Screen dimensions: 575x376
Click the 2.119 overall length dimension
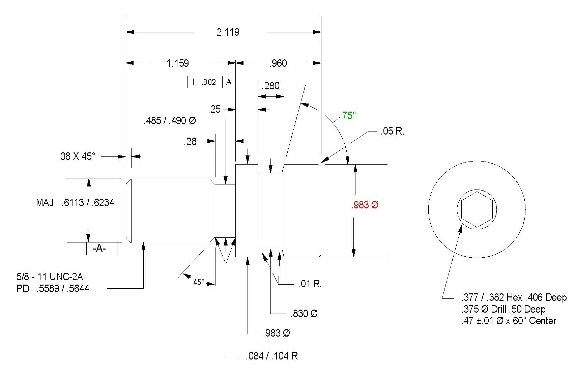(228, 32)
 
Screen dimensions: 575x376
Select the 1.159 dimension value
(178, 63)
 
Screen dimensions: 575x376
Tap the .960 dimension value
(278, 63)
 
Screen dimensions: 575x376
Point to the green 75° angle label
(349, 115)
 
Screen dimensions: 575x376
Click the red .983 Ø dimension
(365, 205)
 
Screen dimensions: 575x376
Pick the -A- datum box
(102, 249)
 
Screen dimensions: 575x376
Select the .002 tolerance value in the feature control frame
(209, 82)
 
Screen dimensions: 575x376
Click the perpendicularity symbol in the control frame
(193, 82)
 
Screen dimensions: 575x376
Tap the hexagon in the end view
(477, 209)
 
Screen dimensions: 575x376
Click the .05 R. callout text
(392, 131)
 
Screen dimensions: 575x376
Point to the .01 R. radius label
(310, 284)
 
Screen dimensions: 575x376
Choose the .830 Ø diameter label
(304, 313)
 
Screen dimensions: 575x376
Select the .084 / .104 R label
(272, 356)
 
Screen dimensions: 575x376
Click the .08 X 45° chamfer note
(77, 156)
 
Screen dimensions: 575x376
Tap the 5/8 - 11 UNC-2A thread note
(50, 277)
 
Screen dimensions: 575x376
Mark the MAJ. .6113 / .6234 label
(75, 203)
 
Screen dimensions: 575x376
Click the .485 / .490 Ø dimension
(170, 120)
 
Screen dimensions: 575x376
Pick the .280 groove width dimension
(270, 86)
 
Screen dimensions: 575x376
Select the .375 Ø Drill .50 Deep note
(504, 309)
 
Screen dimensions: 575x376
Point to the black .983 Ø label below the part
(277, 333)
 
